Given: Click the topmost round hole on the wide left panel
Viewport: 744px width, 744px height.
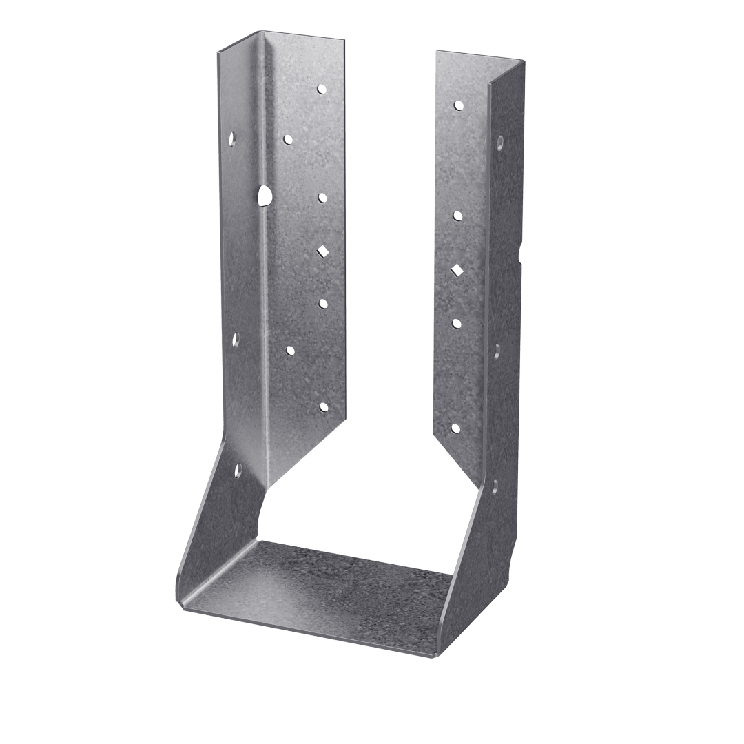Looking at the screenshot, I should (322, 89).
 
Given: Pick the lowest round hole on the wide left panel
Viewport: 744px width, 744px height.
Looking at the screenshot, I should (323, 407).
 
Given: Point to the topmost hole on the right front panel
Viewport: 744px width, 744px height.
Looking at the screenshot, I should (457, 105).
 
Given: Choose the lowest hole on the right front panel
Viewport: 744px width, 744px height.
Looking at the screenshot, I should (455, 428).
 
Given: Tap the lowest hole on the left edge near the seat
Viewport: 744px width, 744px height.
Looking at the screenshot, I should (238, 471).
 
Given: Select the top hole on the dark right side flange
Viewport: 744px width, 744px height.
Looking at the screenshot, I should (499, 143).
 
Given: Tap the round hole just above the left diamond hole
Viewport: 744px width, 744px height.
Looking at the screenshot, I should (322, 198).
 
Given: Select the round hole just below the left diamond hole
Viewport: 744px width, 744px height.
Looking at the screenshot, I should (322, 302).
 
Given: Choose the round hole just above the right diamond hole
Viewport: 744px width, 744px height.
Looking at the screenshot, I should (457, 216).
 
